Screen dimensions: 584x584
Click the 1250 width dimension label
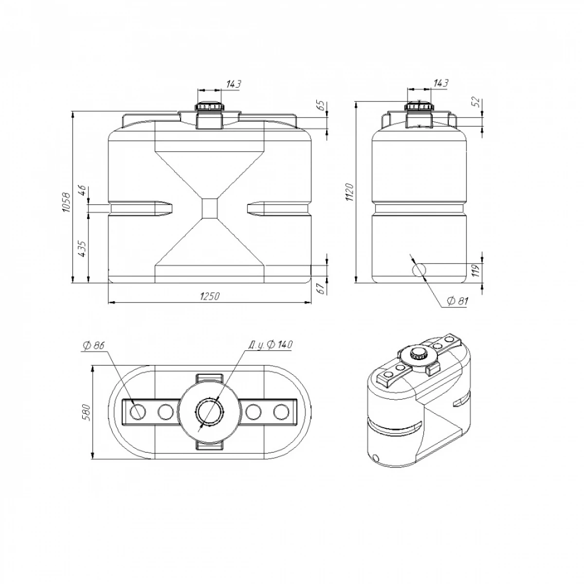point(210,296)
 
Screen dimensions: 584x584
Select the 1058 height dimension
point(66,202)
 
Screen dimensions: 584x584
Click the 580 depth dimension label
point(86,412)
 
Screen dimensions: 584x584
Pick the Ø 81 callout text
point(457,301)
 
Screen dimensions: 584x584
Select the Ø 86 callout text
point(93,346)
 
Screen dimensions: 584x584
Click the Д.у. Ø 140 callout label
point(270,345)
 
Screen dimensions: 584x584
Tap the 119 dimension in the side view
point(475,271)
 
